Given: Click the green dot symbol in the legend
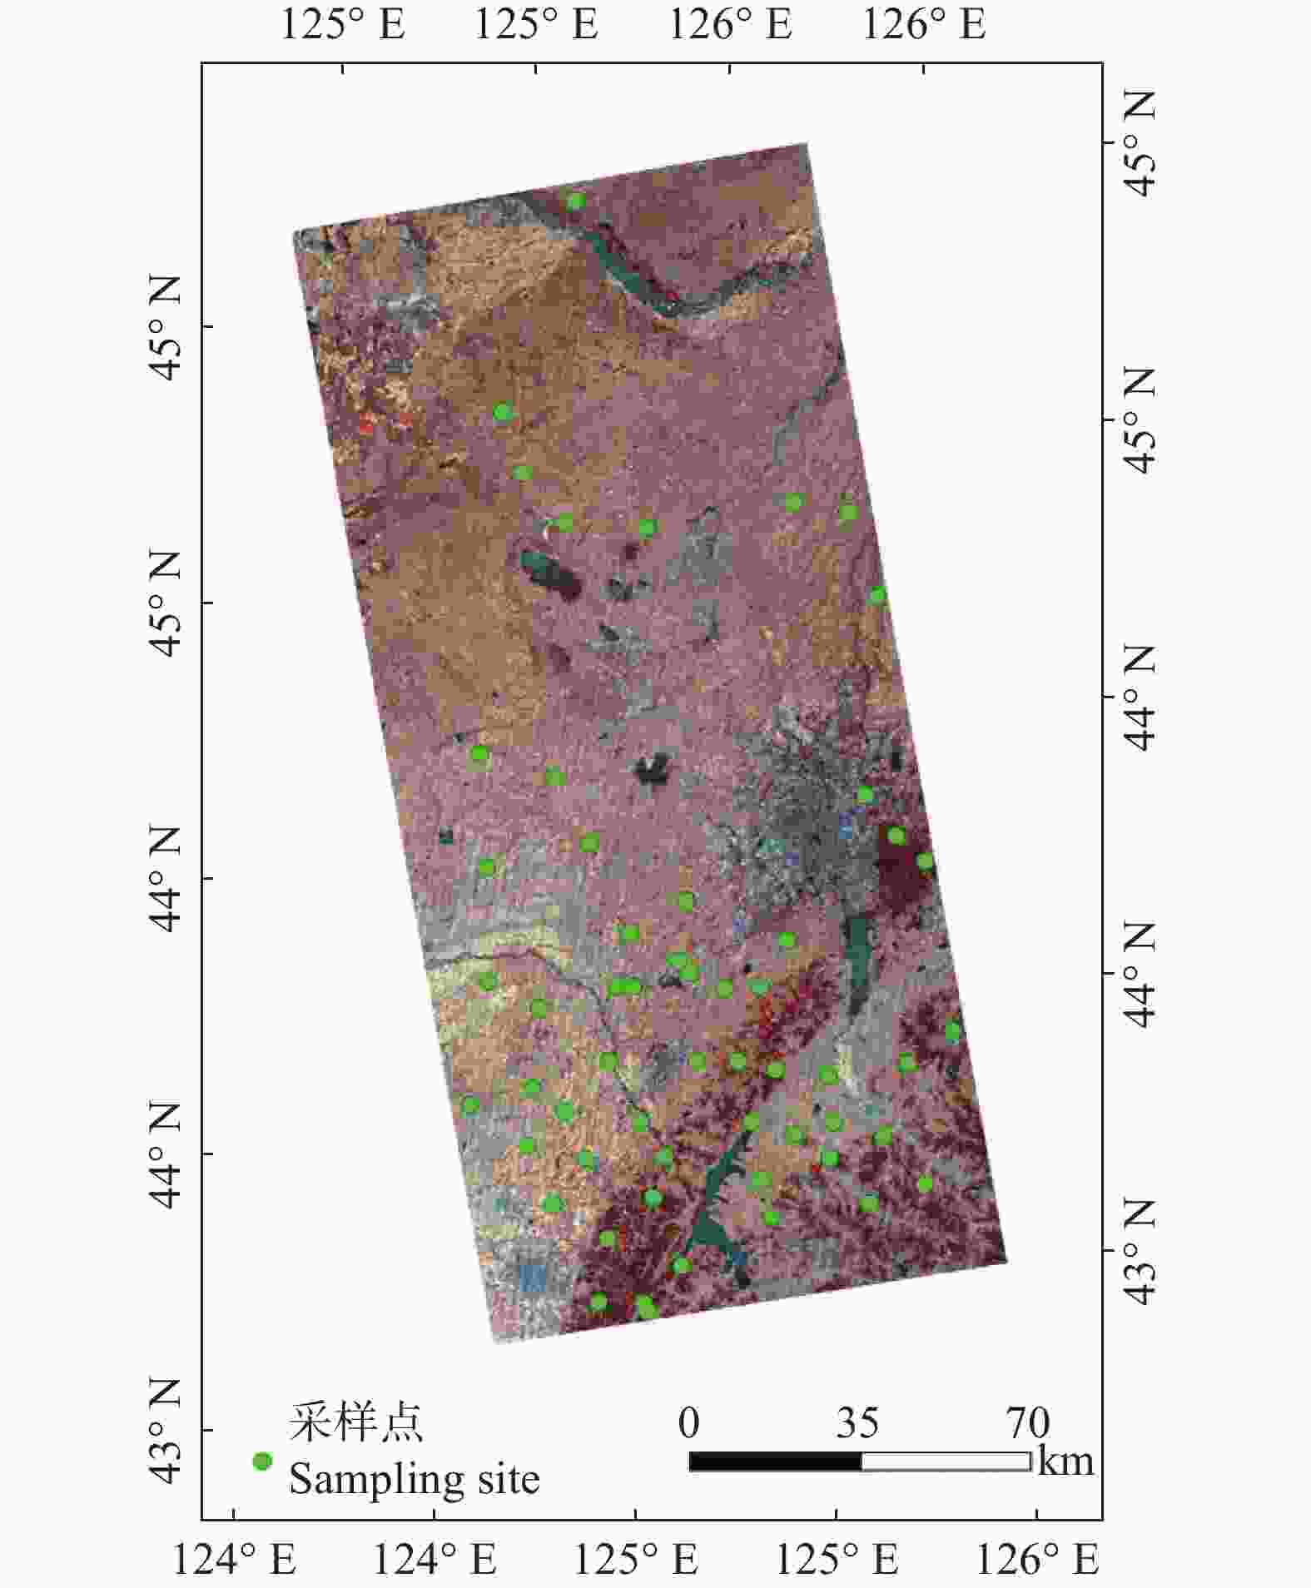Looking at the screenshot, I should [x=262, y=1461].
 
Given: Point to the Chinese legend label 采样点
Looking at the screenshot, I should [x=355, y=1422].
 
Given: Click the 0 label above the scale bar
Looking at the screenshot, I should [x=688, y=1422].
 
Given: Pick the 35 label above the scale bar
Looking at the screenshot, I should [x=857, y=1422].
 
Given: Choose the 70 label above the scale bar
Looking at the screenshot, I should [x=1028, y=1422].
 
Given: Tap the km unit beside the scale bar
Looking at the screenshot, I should [x=1065, y=1461].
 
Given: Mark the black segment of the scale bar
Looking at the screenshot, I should [x=775, y=1461].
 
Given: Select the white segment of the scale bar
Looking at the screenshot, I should [x=946, y=1461].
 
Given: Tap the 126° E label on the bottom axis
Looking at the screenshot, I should [x=1036, y=1559].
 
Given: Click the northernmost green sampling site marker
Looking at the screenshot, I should [x=576, y=201].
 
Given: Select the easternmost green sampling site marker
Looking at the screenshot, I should [x=954, y=1031].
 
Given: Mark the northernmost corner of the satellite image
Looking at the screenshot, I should [x=806, y=145].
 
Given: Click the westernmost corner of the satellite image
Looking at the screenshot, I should [x=295, y=232].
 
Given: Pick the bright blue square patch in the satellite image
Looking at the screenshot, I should [x=534, y=1276].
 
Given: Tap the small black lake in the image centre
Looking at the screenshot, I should [x=653, y=770].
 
